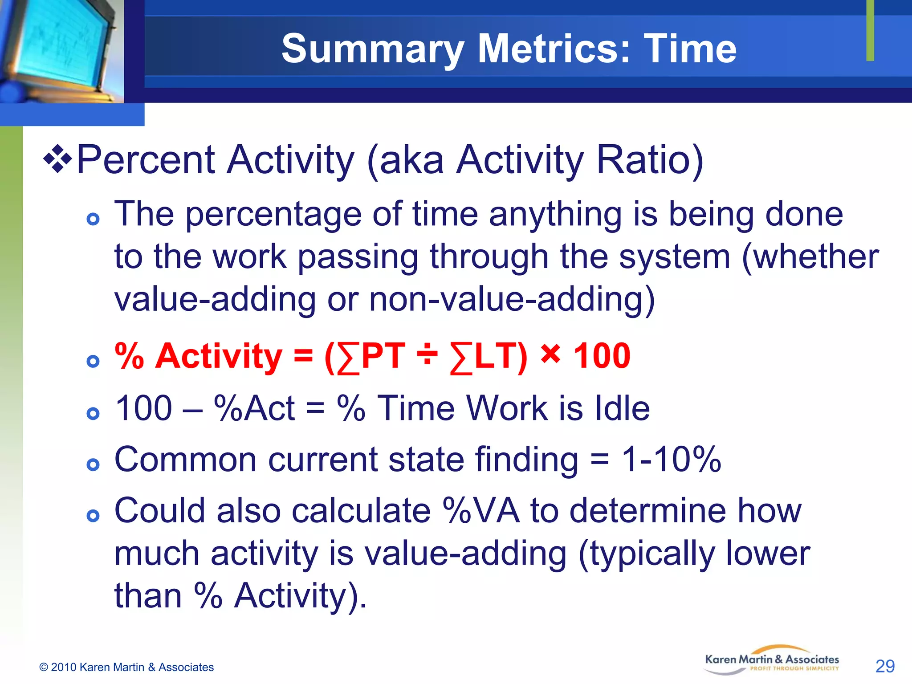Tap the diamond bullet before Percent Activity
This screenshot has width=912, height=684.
[57, 159]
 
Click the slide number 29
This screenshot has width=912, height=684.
[884, 666]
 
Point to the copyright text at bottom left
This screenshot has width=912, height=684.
[126, 667]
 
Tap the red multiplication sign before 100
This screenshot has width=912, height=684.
[550, 354]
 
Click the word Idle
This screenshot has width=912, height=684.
[622, 408]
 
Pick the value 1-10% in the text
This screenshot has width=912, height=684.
[671, 460]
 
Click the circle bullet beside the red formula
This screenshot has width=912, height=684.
[93, 361]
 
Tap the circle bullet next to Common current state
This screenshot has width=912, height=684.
[93, 465]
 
